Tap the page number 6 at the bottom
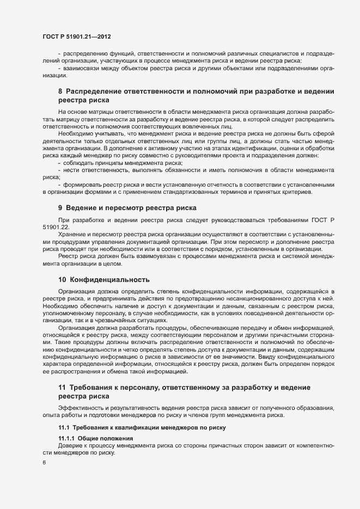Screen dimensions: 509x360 pos(44,463)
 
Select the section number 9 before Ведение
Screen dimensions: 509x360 pos(60,208)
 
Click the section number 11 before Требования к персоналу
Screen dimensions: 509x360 pos(62,387)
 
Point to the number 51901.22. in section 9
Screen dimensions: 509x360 pos(56,227)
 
